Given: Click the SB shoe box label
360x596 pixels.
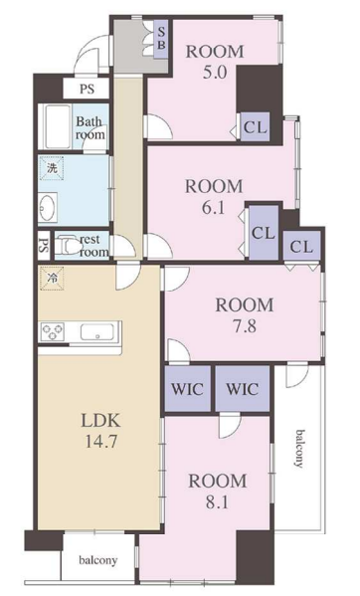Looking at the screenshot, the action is [x=161, y=38].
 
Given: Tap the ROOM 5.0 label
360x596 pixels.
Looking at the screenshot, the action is [x=215, y=62].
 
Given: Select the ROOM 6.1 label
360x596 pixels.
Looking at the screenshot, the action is [x=214, y=197].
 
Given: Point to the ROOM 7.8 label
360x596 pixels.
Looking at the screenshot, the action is [x=245, y=315].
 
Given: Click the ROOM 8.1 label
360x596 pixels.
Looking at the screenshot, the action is [x=218, y=492].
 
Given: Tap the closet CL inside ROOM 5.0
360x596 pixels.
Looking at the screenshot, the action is [x=256, y=127].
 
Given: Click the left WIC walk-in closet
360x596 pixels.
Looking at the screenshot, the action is [x=187, y=388].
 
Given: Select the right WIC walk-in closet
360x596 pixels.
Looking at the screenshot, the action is [x=243, y=388].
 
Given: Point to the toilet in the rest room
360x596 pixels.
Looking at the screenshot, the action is [x=69, y=245].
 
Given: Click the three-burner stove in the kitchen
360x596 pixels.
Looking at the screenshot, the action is [x=53, y=331].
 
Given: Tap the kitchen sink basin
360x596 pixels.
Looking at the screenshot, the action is [x=97, y=331].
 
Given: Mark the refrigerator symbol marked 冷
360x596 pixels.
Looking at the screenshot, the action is [x=52, y=279].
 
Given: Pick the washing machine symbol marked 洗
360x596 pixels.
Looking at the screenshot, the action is [x=52, y=168].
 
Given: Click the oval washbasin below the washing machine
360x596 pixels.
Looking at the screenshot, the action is [x=48, y=208].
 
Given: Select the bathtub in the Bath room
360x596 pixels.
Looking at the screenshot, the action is [x=58, y=127].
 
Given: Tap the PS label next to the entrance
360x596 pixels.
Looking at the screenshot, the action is [x=87, y=89].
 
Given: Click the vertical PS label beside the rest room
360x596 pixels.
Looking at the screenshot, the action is [x=44, y=246].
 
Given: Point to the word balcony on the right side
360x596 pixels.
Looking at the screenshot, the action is [x=300, y=449].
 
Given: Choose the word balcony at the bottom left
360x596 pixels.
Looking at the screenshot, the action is [x=98, y=560].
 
